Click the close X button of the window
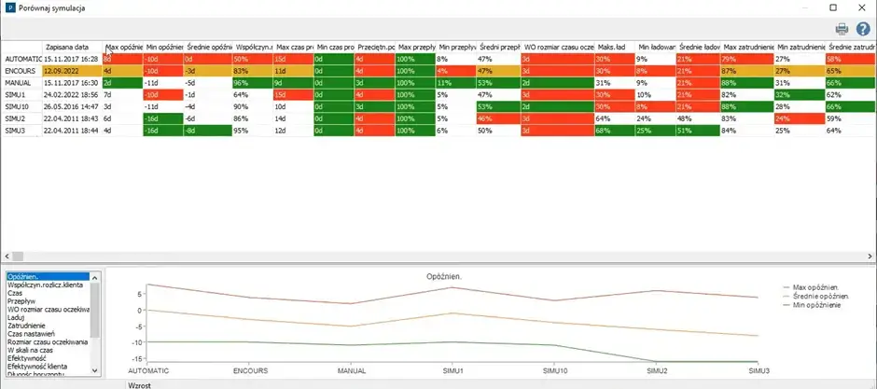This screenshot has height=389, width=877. pos(858,7)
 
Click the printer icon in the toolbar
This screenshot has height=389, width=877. pos(842,29)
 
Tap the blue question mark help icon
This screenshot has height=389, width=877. pos(861,29)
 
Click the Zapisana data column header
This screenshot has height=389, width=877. pos(68,47)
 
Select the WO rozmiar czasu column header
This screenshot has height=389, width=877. pos(558,47)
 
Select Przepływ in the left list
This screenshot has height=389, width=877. pos(22,301)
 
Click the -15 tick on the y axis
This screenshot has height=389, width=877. pos(134,342)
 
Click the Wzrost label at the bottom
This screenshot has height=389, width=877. pos(140,384)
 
